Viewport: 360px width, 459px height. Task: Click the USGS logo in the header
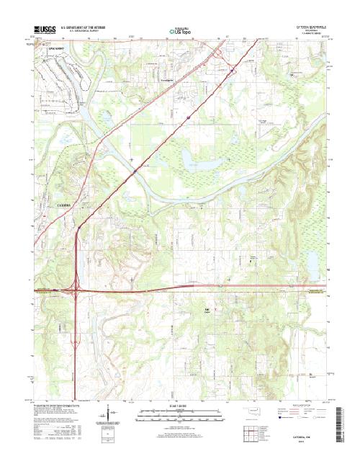pyautogui.click(x=44, y=30)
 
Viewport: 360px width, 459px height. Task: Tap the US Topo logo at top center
pyautogui.click(x=179, y=32)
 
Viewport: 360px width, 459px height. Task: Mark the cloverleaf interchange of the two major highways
pyautogui.click(x=78, y=290)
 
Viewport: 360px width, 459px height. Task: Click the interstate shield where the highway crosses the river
pyautogui.click(x=135, y=171)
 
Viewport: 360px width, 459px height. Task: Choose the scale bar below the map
pyautogui.click(x=179, y=416)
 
